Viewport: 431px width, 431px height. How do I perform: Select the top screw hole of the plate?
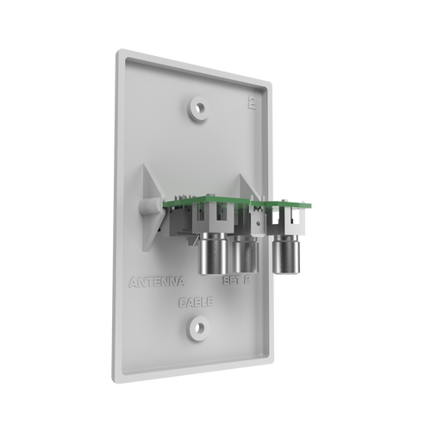(199, 109)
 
